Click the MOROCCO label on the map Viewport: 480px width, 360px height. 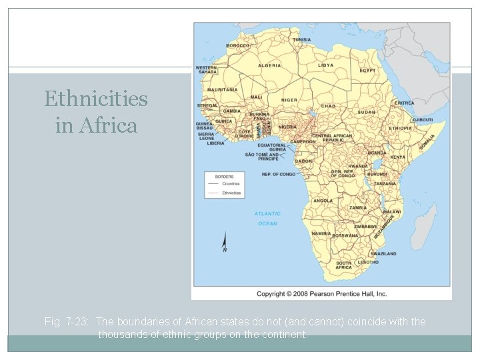[237, 45]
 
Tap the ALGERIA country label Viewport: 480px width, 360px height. [269, 66]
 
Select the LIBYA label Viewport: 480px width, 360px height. [325, 65]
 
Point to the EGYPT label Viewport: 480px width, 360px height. [367, 70]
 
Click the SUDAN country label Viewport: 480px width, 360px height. [367, 113]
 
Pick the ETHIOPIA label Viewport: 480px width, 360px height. [401, 128]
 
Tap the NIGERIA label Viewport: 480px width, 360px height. [287, 127]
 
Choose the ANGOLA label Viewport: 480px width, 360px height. [323, 201]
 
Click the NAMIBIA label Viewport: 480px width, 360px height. [321, 234]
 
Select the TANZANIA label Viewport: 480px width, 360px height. [385, 183]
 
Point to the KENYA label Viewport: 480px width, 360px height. [397, 157]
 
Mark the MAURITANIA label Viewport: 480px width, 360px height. [223, 89]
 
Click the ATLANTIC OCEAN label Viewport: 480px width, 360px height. [267, 219]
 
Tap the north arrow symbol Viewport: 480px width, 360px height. [225, 242]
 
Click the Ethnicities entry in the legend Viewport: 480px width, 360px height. [232, 193]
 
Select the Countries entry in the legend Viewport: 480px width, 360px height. [231, 183]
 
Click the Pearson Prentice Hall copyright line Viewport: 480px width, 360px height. [321, 293]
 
